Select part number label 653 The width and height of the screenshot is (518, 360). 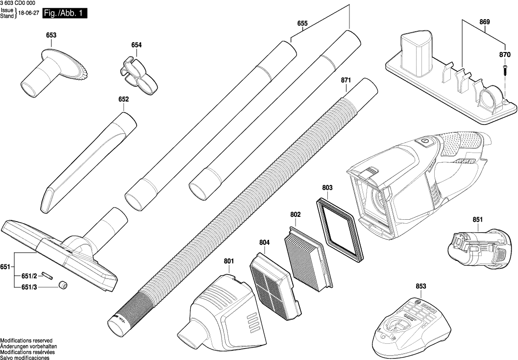point(51,35)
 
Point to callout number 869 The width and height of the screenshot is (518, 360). point(485,22)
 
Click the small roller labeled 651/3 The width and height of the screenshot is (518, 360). point(63,284)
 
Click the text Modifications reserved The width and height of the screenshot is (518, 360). point(26,340)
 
